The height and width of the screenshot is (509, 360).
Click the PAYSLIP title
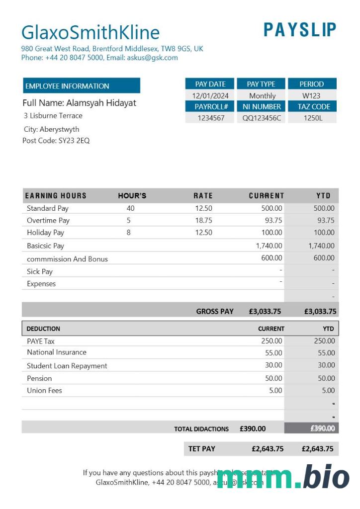(x=300, y=30)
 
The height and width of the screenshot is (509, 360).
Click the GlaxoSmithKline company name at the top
(x=90, y=33)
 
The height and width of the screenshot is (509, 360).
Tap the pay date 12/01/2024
(x=210, y=95)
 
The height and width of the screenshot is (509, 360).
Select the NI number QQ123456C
(x=262, y=118)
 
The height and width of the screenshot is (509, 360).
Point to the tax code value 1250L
(x=313, y=118)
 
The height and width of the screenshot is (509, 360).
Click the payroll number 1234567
(x=211, y=118)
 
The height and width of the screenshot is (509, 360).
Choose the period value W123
(x=311, y=95)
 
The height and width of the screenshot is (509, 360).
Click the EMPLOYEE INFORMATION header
(x=67, y=86)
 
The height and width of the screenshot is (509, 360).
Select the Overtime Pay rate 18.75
(x=203, y=220)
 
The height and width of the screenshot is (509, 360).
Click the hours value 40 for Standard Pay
(x=130, y=208)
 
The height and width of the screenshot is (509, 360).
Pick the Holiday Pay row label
(x=45, y=232)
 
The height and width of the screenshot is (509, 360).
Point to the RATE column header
(x=203, y=196)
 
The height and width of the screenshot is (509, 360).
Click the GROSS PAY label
(x=214, y=312)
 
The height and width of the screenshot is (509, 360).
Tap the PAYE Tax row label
(x=41, y=341)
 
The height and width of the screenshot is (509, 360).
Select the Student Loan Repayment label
(x=67, y=366)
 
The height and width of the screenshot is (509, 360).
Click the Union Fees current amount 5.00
(x=275, y=390)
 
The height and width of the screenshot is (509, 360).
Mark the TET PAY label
(x=201, y=449)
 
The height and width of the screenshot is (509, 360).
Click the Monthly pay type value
(x=262, y=95)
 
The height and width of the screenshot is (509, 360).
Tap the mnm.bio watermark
(x=283, y=477)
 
